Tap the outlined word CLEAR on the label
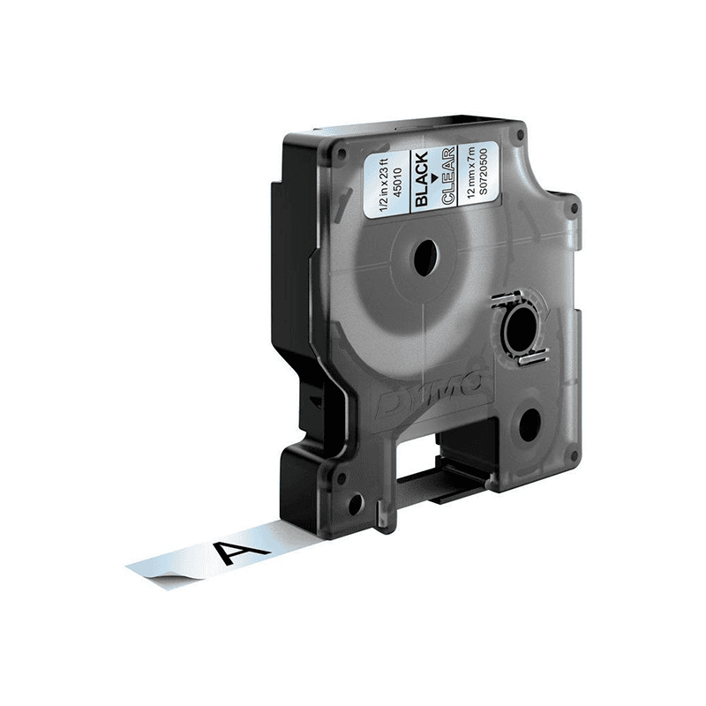click(x=446, y=175)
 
